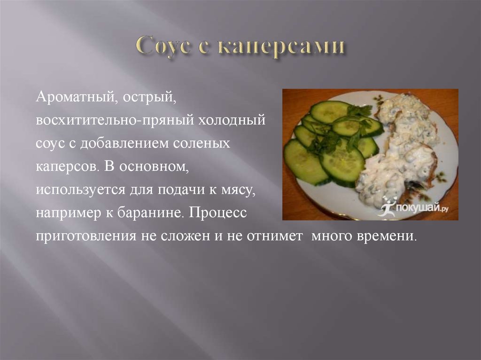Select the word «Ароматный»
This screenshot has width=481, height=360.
77,97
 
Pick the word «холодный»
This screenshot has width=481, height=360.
231,120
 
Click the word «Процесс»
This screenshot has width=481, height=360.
217,213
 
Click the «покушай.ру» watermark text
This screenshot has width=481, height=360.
422,208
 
